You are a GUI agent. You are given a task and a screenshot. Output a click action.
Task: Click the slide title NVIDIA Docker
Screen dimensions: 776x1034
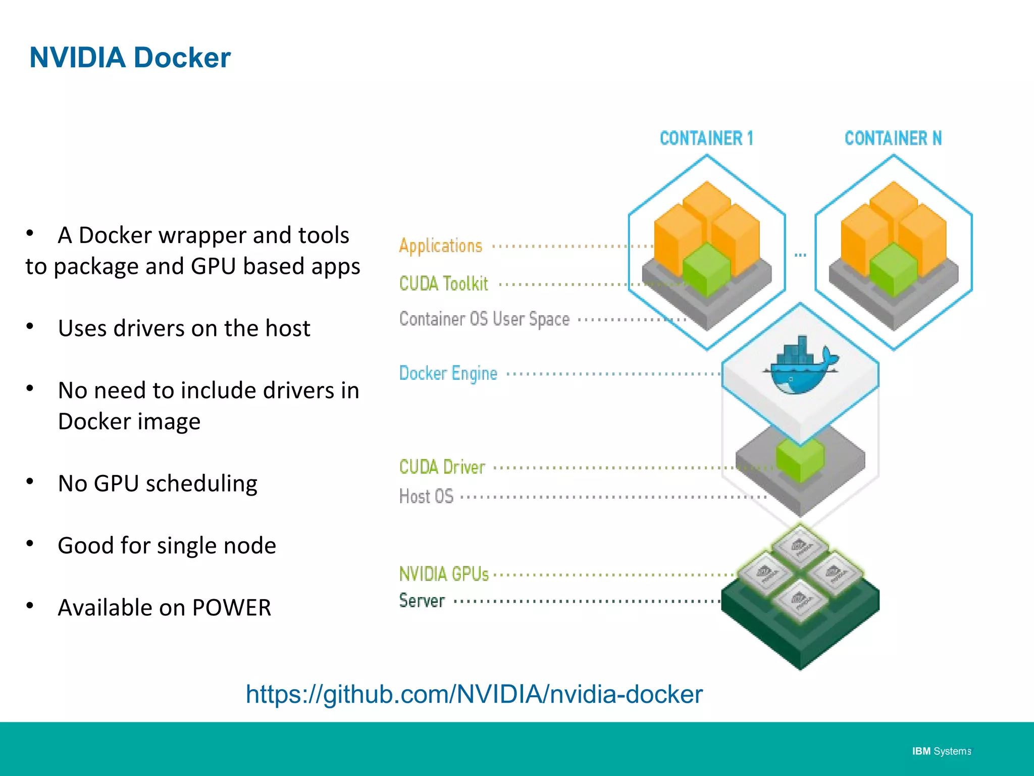(x=130, y=58)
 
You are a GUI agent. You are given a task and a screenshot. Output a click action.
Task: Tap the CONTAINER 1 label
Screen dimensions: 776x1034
(x=706, y=138)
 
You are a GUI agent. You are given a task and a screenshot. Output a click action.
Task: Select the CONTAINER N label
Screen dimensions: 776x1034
(x=893, y=138)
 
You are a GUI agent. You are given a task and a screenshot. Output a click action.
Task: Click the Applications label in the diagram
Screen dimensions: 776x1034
(x=440, y=246)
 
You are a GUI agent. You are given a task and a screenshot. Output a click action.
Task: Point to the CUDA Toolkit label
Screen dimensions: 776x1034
(x=443, y=283)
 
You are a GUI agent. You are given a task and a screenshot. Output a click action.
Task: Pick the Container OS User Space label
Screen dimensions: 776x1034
(x=484, y=319)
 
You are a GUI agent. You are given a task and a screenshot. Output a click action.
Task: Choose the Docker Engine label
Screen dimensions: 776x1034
(x=448, y=373)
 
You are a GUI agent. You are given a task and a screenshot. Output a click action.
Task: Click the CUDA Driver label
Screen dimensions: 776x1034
(x=442, y=467)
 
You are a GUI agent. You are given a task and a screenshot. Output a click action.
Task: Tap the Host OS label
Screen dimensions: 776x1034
(x=426, y=496)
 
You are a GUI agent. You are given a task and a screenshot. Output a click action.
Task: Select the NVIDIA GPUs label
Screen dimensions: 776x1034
(x=444, y=574)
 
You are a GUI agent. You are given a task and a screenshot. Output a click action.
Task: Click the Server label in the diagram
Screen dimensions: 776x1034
(x=422, y=601)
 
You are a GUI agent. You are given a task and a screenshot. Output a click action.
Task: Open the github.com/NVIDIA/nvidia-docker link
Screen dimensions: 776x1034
(x=474, y=694)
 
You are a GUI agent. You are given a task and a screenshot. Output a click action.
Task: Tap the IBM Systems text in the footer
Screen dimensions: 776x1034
(x=941, y=751)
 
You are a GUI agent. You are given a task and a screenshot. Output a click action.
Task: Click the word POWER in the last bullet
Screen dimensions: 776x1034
(x=231, y=608)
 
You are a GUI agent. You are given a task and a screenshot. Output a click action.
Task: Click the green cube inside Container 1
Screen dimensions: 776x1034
(x=706, y=269)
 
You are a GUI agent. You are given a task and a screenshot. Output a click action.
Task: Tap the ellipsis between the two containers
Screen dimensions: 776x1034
(x=800, y=255)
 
